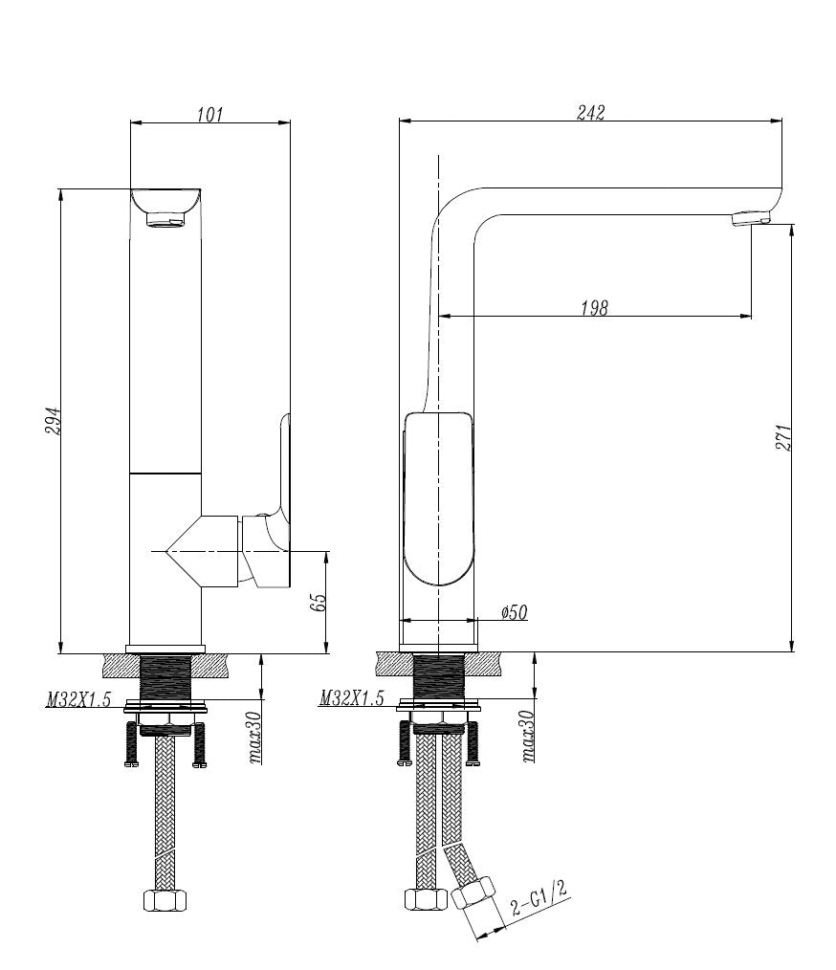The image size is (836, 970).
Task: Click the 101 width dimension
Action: pyautogui.click(x=209, y=114)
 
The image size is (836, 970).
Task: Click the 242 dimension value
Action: pyautogui.click(x=591, y=112)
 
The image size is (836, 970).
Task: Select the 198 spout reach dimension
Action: pyautogui.click(x=594, y=307)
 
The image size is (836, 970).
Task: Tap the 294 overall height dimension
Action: pyautogui.click(x=54, y=421)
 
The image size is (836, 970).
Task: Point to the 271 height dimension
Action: pyautogui.click(x=785, y=437)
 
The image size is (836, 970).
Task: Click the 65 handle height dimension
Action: pyautogui.click(x=319, y=602)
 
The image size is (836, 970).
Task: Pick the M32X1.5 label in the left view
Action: pyautogui.click(x=78, y=700)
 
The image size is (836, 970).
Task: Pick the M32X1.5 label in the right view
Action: pyautogui.click(x=352, y=700)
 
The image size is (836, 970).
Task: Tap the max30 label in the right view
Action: pyautogui.click(x=528, y=739)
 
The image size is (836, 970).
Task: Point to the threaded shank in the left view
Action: pyautogui.click(x=165, y=678)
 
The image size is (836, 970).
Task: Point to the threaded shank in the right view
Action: pyautogui.click(x=439, y=678)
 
